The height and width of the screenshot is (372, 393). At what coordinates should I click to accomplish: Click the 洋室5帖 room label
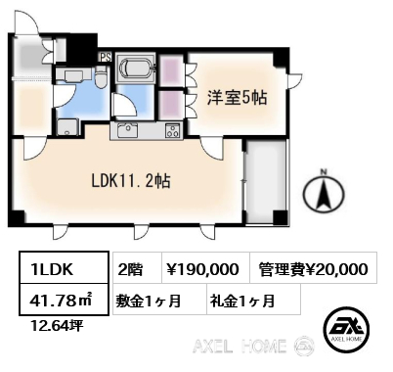click(238, 97)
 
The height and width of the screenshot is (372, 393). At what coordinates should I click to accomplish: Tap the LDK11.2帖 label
click(131, 180)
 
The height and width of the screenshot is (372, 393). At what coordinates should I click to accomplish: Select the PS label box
click(106, 57)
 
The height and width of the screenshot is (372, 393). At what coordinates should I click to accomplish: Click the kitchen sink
click(127, 131)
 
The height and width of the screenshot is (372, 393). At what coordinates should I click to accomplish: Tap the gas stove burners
click(172, 131)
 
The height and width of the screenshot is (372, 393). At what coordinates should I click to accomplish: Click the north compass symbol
click(324, 194)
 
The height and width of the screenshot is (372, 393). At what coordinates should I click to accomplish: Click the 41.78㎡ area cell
click(64, 300)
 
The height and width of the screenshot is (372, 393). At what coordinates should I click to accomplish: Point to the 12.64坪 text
click(57, 325)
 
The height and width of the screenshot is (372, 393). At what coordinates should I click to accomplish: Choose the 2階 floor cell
click(137, 267)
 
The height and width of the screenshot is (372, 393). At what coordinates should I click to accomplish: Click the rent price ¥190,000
click(206, 267)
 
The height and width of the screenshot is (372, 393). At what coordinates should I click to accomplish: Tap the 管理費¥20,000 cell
click(314, 267)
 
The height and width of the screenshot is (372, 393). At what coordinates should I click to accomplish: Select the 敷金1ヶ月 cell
click(159, 300)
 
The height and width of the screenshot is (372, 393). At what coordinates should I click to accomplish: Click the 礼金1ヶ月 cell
click(253, 300)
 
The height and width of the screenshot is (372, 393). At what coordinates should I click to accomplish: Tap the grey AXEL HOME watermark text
click(240, 346)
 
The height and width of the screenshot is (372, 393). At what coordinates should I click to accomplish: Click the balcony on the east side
click(265, 181)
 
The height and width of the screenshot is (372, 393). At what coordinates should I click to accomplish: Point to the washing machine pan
click(67, 127)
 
